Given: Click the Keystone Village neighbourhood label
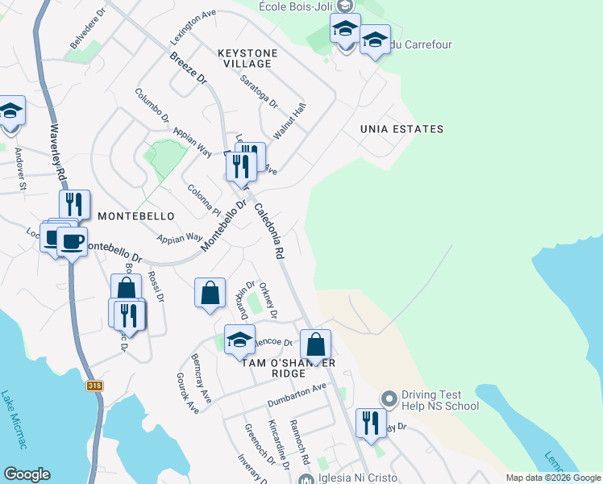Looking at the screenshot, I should tap(248, 58).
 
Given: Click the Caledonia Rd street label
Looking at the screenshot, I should tap(269, 230).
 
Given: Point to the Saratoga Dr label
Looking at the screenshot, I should tap(259, 92).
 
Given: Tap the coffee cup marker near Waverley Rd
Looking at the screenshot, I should tap(72, 241).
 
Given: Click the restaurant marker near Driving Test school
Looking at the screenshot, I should tap(370, 423).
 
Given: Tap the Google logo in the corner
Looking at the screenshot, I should tap(27, 474).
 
